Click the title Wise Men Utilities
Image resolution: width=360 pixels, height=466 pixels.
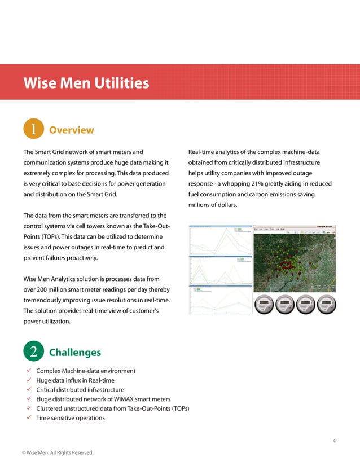[86, 83]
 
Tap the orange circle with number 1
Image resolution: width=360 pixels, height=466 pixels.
[33, 130]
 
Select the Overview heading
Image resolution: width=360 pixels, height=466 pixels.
[72, 130]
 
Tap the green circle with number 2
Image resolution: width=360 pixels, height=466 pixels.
[33, 352]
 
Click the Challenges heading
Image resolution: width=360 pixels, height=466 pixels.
[75, 353]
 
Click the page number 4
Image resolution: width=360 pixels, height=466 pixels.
[334, 441]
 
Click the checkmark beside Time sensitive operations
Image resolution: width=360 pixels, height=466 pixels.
[28, 418]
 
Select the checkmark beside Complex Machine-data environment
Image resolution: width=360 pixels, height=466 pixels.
[28, 371]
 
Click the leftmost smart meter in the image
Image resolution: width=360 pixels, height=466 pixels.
[265, 305]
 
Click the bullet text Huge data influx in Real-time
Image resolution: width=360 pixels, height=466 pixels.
[75, 380]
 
